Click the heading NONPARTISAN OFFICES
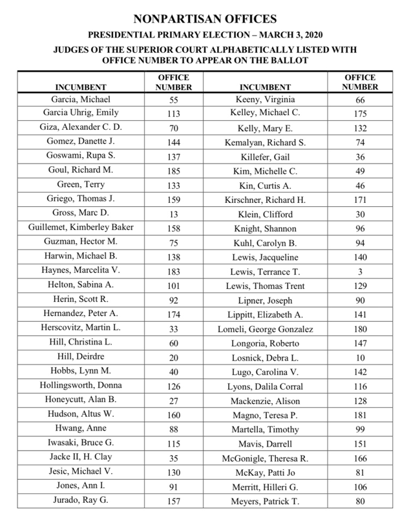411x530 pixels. click(205, 19)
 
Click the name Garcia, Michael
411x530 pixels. click(81, 100)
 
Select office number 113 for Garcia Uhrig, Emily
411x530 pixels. click(173, 114)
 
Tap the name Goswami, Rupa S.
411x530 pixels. click(81, 156)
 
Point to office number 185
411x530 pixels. click(173, 171)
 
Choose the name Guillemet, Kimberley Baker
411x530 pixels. click(81, 228)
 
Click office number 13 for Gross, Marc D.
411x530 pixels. click(173, 214)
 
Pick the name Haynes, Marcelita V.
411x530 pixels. click(81, 270)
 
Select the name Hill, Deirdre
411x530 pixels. click(81, 356)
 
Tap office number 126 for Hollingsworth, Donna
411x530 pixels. click(173, 386)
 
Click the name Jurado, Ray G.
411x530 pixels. click(81, 500)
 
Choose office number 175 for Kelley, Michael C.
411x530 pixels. click(360, 114)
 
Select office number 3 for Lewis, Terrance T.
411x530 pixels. click(360, 271)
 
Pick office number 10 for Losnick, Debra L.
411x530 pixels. click(360, 357)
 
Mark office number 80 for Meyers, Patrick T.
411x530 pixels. click(360, 501)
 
